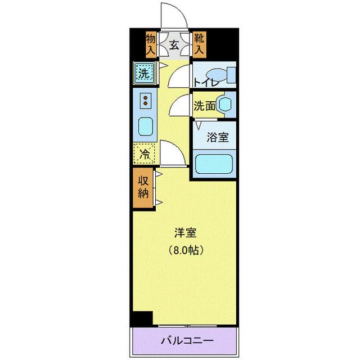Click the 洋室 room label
tap(184, 231)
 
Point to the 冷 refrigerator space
tap(145, 152)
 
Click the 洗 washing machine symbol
tap(145, 73)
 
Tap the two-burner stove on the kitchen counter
tap(145, 101)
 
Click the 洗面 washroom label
tap(205, 105)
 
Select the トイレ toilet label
tap(206, 83)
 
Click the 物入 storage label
tap(151, 44)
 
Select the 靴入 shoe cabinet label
tap(199, 44)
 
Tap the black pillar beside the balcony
tap(142, 318)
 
